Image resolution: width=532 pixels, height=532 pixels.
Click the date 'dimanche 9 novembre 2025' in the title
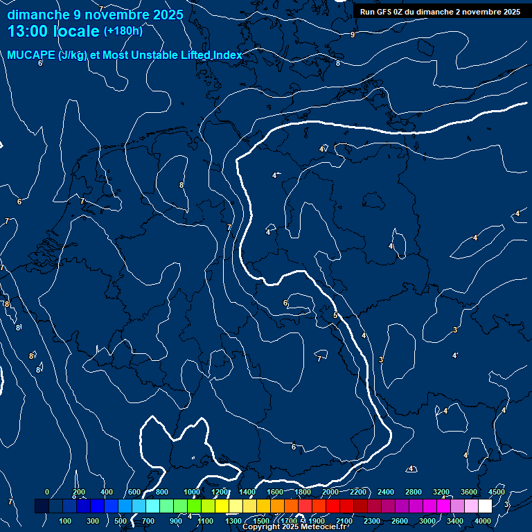point(96,15)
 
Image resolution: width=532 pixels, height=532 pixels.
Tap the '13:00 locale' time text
point(54,31)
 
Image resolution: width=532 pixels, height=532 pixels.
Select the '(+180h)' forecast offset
point(123,31)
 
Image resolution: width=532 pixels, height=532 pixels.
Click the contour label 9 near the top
point(353,35)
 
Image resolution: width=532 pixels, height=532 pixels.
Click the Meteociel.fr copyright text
point(294,527)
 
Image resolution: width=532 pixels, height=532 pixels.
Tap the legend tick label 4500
point(496,492)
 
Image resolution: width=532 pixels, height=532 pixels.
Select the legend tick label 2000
point(330,492)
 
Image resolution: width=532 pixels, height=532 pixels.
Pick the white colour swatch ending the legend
point(485,506)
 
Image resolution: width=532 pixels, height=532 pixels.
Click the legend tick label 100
point(65,521)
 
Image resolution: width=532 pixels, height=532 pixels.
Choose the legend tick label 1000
point(192,492)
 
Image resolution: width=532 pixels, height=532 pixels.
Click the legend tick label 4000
point(483,521)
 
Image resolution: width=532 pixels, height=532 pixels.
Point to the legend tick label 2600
point(400,521)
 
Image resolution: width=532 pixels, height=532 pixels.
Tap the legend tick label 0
point(47,492)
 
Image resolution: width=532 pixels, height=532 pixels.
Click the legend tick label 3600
point(469,492)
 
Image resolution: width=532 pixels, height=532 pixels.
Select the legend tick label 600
point(134,492)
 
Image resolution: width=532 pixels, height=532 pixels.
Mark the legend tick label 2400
point(386,492)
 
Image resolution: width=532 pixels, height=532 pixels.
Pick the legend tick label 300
point(93,521)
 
